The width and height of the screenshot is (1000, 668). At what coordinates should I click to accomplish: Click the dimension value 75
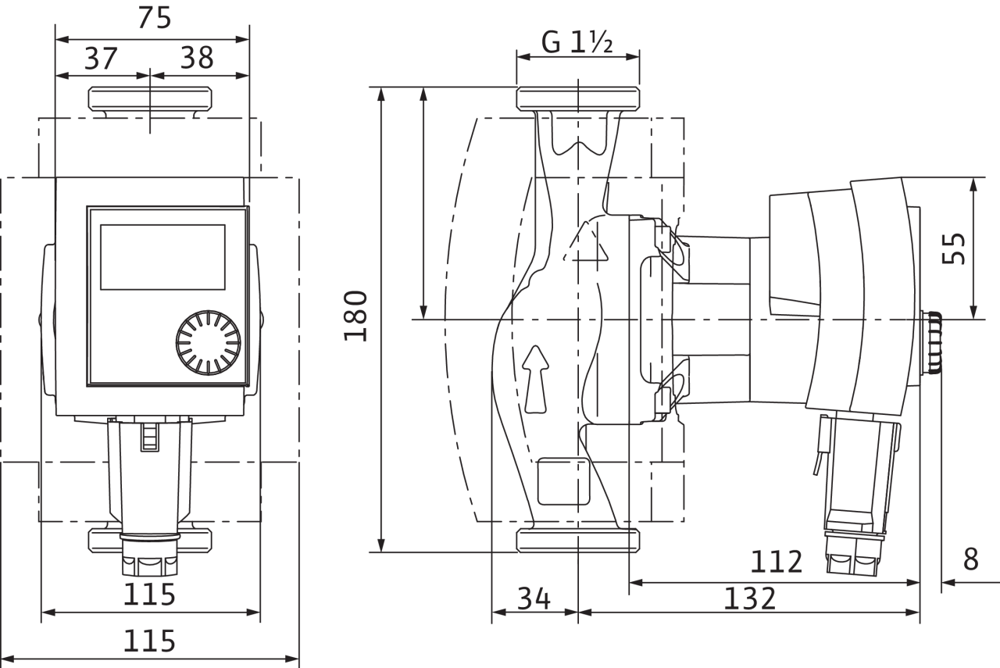coord(154,18)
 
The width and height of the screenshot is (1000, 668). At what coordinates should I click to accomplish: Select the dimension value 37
coord(101,58)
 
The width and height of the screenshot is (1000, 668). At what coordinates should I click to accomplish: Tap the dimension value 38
coord(197,58)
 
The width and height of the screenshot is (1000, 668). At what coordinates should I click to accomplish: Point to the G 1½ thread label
coord(577,43)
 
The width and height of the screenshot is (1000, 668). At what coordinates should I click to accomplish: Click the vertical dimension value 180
coord(355,316)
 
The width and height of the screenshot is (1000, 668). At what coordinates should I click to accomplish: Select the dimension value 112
coord(777,562)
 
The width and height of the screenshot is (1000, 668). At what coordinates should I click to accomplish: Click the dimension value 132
coord(750,598)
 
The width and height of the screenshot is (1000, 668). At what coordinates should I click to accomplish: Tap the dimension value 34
coord(534,598)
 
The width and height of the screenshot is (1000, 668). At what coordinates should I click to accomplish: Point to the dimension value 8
coord(971,559)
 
